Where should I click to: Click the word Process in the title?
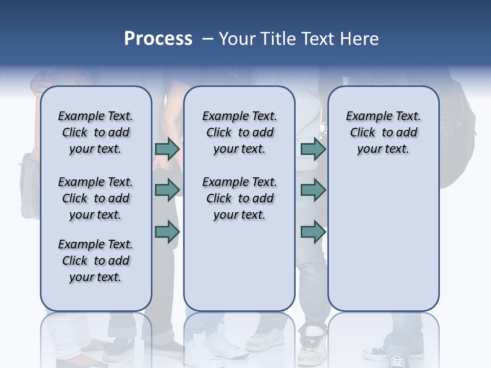point(158,39)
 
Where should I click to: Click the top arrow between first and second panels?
point(167,149)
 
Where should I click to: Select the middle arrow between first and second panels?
point(167,189)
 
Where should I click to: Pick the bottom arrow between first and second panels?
point(167,232)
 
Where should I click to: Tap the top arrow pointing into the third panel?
point(313,149)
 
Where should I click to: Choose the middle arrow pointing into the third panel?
point(313,190)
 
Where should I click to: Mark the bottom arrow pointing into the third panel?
point(313,232)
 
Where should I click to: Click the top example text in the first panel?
point(96,132)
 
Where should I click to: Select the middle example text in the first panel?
point(96,198)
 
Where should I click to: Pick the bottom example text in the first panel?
point(96,261)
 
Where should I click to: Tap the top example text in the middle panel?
point(239,132)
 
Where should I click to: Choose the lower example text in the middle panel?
point(239,198)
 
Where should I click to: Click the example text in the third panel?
point(383,132)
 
